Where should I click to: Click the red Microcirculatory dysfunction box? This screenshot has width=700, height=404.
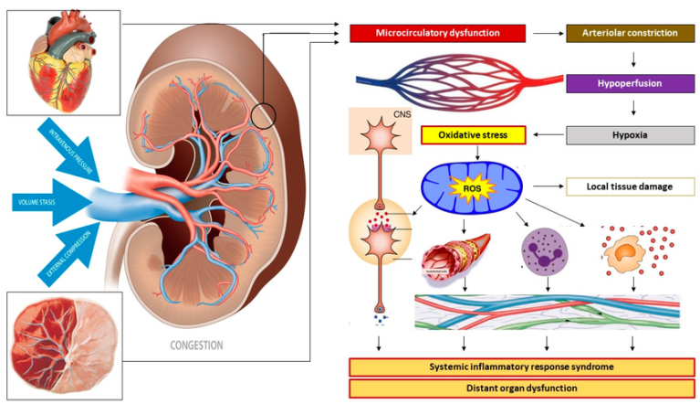pyautogui.click(x=438, y=34)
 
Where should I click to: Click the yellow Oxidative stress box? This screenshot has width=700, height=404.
pyautogui.click(x=475, y=136)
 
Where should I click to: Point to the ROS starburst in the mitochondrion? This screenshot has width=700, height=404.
pyautogui.click(x=472, y=187)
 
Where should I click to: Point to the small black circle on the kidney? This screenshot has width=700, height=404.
pyautogui.click(x=263, y=116)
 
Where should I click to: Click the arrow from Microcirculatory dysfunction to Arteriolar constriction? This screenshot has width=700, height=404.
pyautogui.click(x=547, y=34)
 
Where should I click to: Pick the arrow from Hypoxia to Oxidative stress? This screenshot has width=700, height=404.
pyautogui.click(x=548, y=136)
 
